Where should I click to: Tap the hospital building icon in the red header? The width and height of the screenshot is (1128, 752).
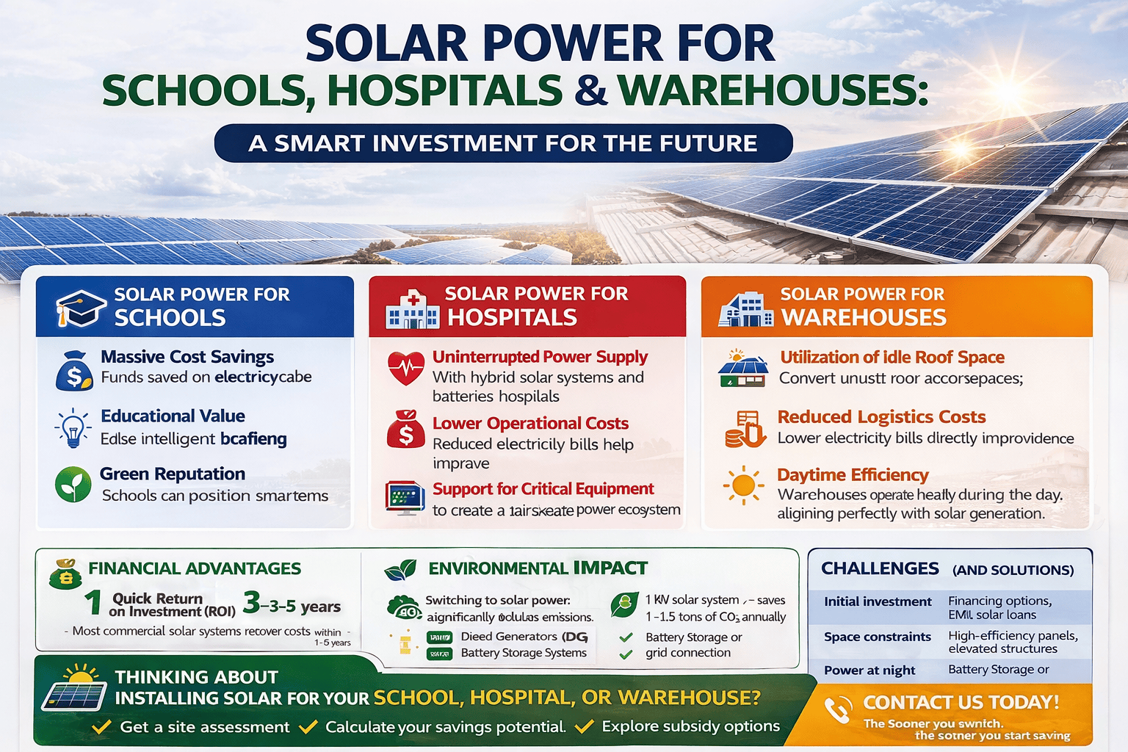pyautogui.click(x=412, y=309)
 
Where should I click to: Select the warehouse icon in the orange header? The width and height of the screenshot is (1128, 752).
pyautogui.click(x=745, y=309)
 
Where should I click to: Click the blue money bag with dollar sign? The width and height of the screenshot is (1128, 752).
pyautogui.click(x=74, y=371)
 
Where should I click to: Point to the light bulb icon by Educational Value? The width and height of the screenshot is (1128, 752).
pyautogui.click(x=73, y=428)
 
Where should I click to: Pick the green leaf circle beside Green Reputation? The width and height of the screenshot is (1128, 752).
pyautogui.click(x=73, y=485)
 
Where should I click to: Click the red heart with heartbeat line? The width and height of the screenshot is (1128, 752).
pyautogui.click(x=406, y=367)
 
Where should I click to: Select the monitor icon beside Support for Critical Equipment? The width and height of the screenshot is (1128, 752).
pyautogui.click(x=405, y=498)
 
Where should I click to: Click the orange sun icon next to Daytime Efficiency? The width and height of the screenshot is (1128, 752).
pyautogui.click(x=743, y=485)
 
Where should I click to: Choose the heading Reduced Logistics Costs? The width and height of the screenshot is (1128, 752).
pyautogui.click(x=881, y=417)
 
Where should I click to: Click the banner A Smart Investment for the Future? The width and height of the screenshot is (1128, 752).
pyautogui.click(x=503, y=143)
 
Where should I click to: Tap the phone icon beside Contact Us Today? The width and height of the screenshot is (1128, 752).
pyautogui.click(x=837, y=709)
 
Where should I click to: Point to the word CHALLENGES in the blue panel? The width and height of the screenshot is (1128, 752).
pyautogui.click(x=880, y=568)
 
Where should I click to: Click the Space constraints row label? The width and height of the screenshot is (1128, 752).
pyautogui.click(x=877, y=637)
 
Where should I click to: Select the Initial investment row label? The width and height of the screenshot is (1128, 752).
pyautogui.click(x=878, y=601)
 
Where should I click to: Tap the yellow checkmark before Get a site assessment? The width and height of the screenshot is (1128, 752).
pyautogui.click(x=101, y=727)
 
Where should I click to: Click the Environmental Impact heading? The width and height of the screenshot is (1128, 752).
pyautogui.click(x=538, y=568)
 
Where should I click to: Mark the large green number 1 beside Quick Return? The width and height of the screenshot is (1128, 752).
pyautogui.click(x=93, y=603)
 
